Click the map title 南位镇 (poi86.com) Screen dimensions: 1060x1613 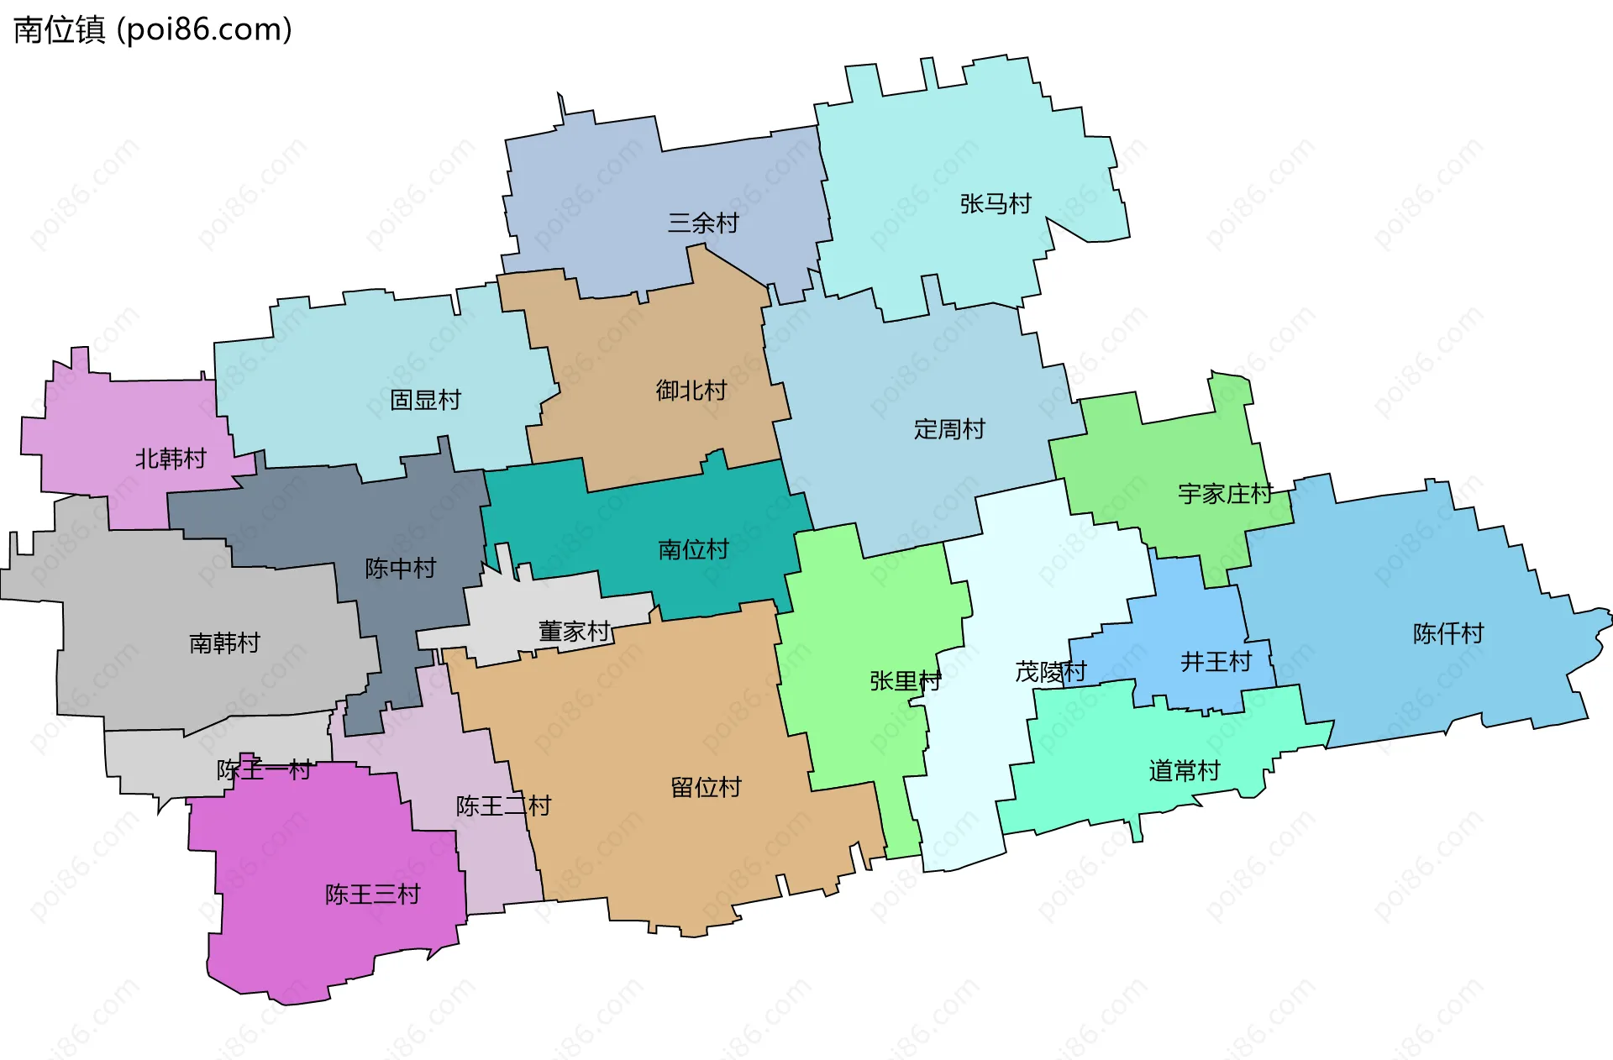tap(153, 29)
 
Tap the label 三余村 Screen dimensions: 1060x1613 tap(703, 223)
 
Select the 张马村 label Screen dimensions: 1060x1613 tap(996, 204)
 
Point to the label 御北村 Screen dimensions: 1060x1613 tap(691, 391)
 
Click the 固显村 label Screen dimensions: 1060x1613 tap(426, 400)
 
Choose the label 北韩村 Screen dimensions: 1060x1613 tap(171, 459)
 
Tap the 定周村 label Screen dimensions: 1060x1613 tap(949, 429)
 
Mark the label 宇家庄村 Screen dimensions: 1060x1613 tap(1226, 494)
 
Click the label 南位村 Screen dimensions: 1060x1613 tap(693, 549)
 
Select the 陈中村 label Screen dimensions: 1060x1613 tap(401, 569)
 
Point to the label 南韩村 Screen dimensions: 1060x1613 tap(224, 643)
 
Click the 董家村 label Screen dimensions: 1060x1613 tap(574, 632)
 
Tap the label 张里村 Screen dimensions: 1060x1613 tap(906, 681)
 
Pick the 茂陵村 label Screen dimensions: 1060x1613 tap(1051, 672)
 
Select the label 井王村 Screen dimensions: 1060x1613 tap(1216, 662)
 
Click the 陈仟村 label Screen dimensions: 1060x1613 tap(1448, 633)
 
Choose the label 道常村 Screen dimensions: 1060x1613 tap(1184, 771)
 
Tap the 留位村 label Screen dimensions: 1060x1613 tap(706, 788)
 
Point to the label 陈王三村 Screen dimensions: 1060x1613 tap(372, 895)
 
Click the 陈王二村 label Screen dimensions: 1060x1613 tap(503, 806)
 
